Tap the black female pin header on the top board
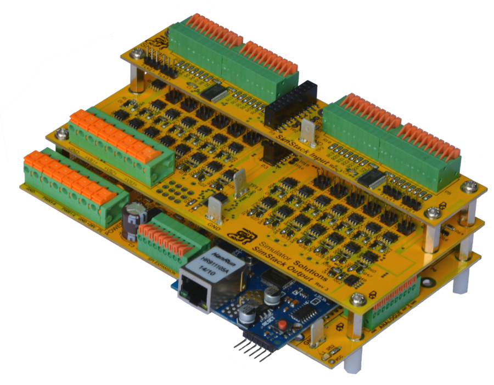291,103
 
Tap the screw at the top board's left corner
135,54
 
